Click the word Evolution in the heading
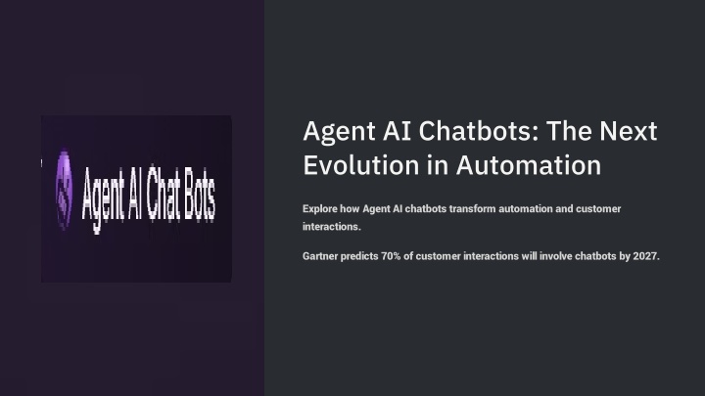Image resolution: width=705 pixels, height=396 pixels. point(361,165)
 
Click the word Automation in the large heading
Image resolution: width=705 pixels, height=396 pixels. point(529,165)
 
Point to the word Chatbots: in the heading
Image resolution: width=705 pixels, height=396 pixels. point(479,131)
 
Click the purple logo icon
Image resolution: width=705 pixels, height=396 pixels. point(64,190)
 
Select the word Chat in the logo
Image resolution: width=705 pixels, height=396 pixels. point(164,194)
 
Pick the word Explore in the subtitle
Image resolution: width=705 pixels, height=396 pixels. point(319,209)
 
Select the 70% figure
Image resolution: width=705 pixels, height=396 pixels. point(391,256)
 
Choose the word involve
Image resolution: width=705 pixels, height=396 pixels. point(555,256)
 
